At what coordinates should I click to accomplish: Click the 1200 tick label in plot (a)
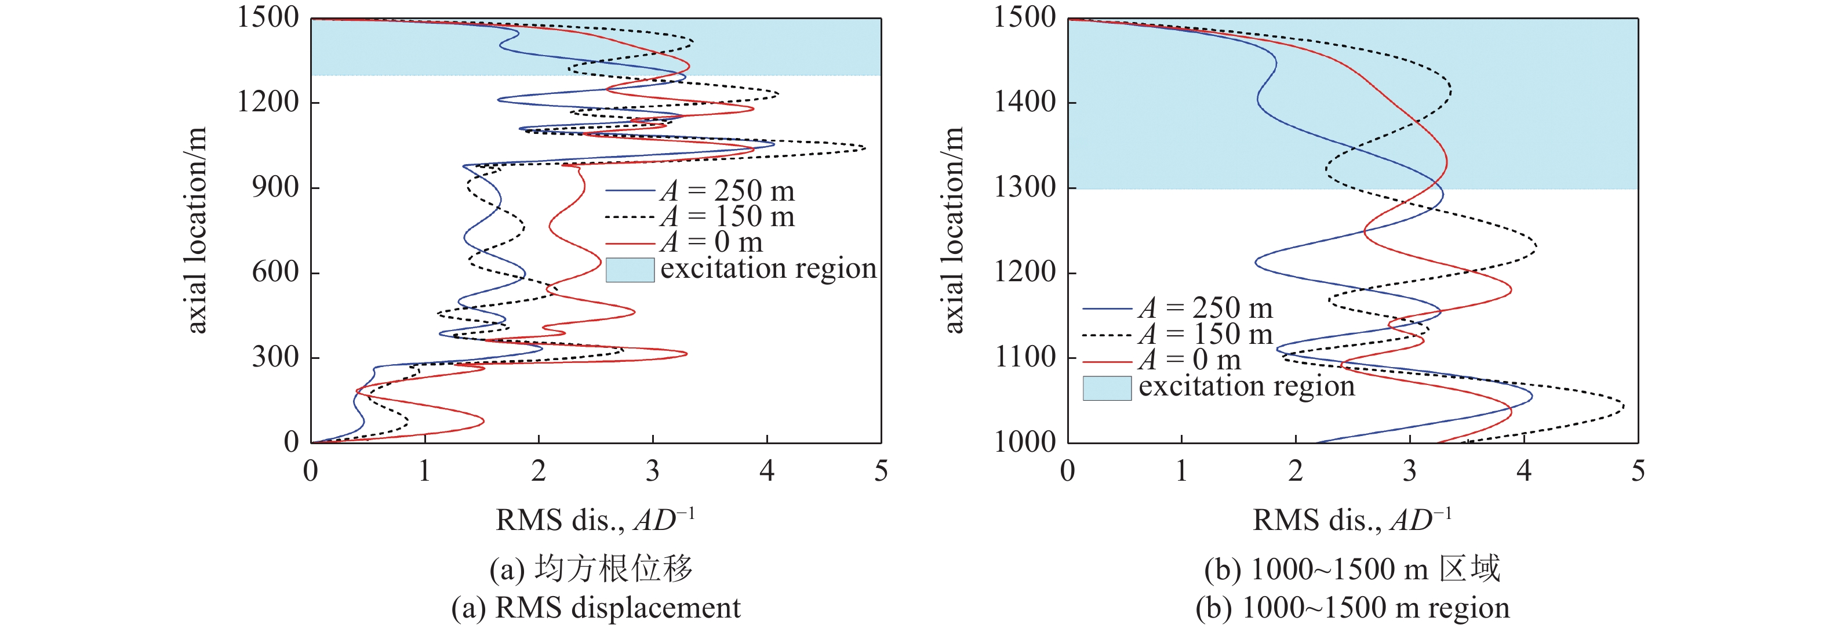[x=268, y=102]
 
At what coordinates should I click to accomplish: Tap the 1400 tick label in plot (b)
[x=1024, y=102]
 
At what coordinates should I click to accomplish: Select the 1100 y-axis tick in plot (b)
[x=1024, y=357]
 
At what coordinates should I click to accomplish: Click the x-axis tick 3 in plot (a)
[x=652, y=471]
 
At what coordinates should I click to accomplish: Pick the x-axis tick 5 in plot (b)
[x=1638, y=471]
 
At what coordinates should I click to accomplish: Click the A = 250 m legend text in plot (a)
[x=728, y=191]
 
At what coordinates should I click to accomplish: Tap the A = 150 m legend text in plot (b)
[x=1206, y=334]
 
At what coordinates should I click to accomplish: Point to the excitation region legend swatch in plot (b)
[x=1107, y=388]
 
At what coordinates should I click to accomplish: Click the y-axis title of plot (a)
[x=195, y=230]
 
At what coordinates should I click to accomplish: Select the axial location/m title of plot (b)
[x=954, y=230]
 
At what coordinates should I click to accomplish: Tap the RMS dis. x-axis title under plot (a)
[x=594, y=520]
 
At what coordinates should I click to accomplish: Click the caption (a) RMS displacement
[x=595, y=608]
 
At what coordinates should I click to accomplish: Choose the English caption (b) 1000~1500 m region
[x=1352, y=608]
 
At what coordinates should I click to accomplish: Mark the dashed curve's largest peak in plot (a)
[x=865, y=148]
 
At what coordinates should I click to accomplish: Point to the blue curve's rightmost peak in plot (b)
[x=1532, y=397]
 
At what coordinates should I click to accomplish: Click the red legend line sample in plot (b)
[x=1107, y=361]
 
